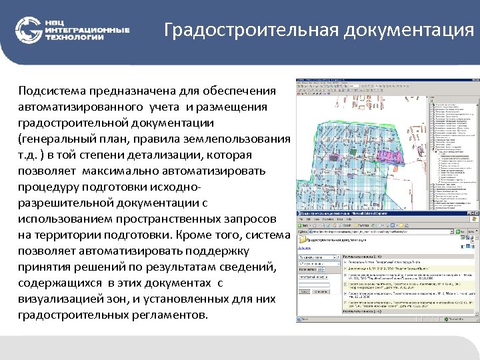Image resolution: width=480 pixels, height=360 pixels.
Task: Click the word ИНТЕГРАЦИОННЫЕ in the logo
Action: pos(87,30)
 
